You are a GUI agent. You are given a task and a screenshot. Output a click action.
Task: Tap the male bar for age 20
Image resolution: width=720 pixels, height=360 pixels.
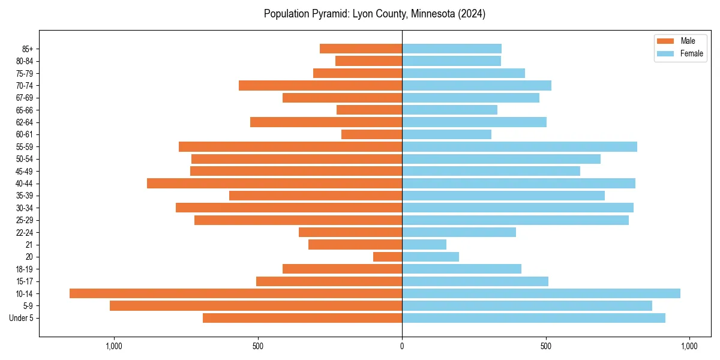tap(388, 257)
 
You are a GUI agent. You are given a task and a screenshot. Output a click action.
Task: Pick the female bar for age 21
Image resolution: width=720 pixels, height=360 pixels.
tap(424, 244)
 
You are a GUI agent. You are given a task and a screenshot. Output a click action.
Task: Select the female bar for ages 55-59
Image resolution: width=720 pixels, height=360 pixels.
tap(519, 146)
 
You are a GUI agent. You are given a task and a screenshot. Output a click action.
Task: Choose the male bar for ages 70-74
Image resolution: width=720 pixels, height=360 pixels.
tap(320, 85)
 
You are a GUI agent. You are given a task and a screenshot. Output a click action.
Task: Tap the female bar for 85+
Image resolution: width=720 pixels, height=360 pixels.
tap(452, 49)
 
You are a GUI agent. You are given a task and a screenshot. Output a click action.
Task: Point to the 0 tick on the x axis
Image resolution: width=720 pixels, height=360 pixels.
tap(402, 346)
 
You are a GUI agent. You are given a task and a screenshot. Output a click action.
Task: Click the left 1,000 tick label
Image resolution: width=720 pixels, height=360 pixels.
tap(114, 346)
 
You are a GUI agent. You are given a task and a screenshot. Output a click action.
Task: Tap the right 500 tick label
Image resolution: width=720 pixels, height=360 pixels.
tap(545, 346)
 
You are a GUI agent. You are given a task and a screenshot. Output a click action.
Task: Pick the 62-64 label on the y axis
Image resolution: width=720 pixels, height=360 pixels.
tap(25, 122)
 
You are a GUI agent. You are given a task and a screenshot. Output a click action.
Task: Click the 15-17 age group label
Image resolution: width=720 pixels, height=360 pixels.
tap(25, 281)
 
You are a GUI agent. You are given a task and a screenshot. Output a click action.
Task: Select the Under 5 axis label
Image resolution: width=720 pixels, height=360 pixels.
tap(22, 318)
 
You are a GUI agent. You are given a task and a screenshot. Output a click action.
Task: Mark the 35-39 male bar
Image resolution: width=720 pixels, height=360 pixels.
tap(316, 196)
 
